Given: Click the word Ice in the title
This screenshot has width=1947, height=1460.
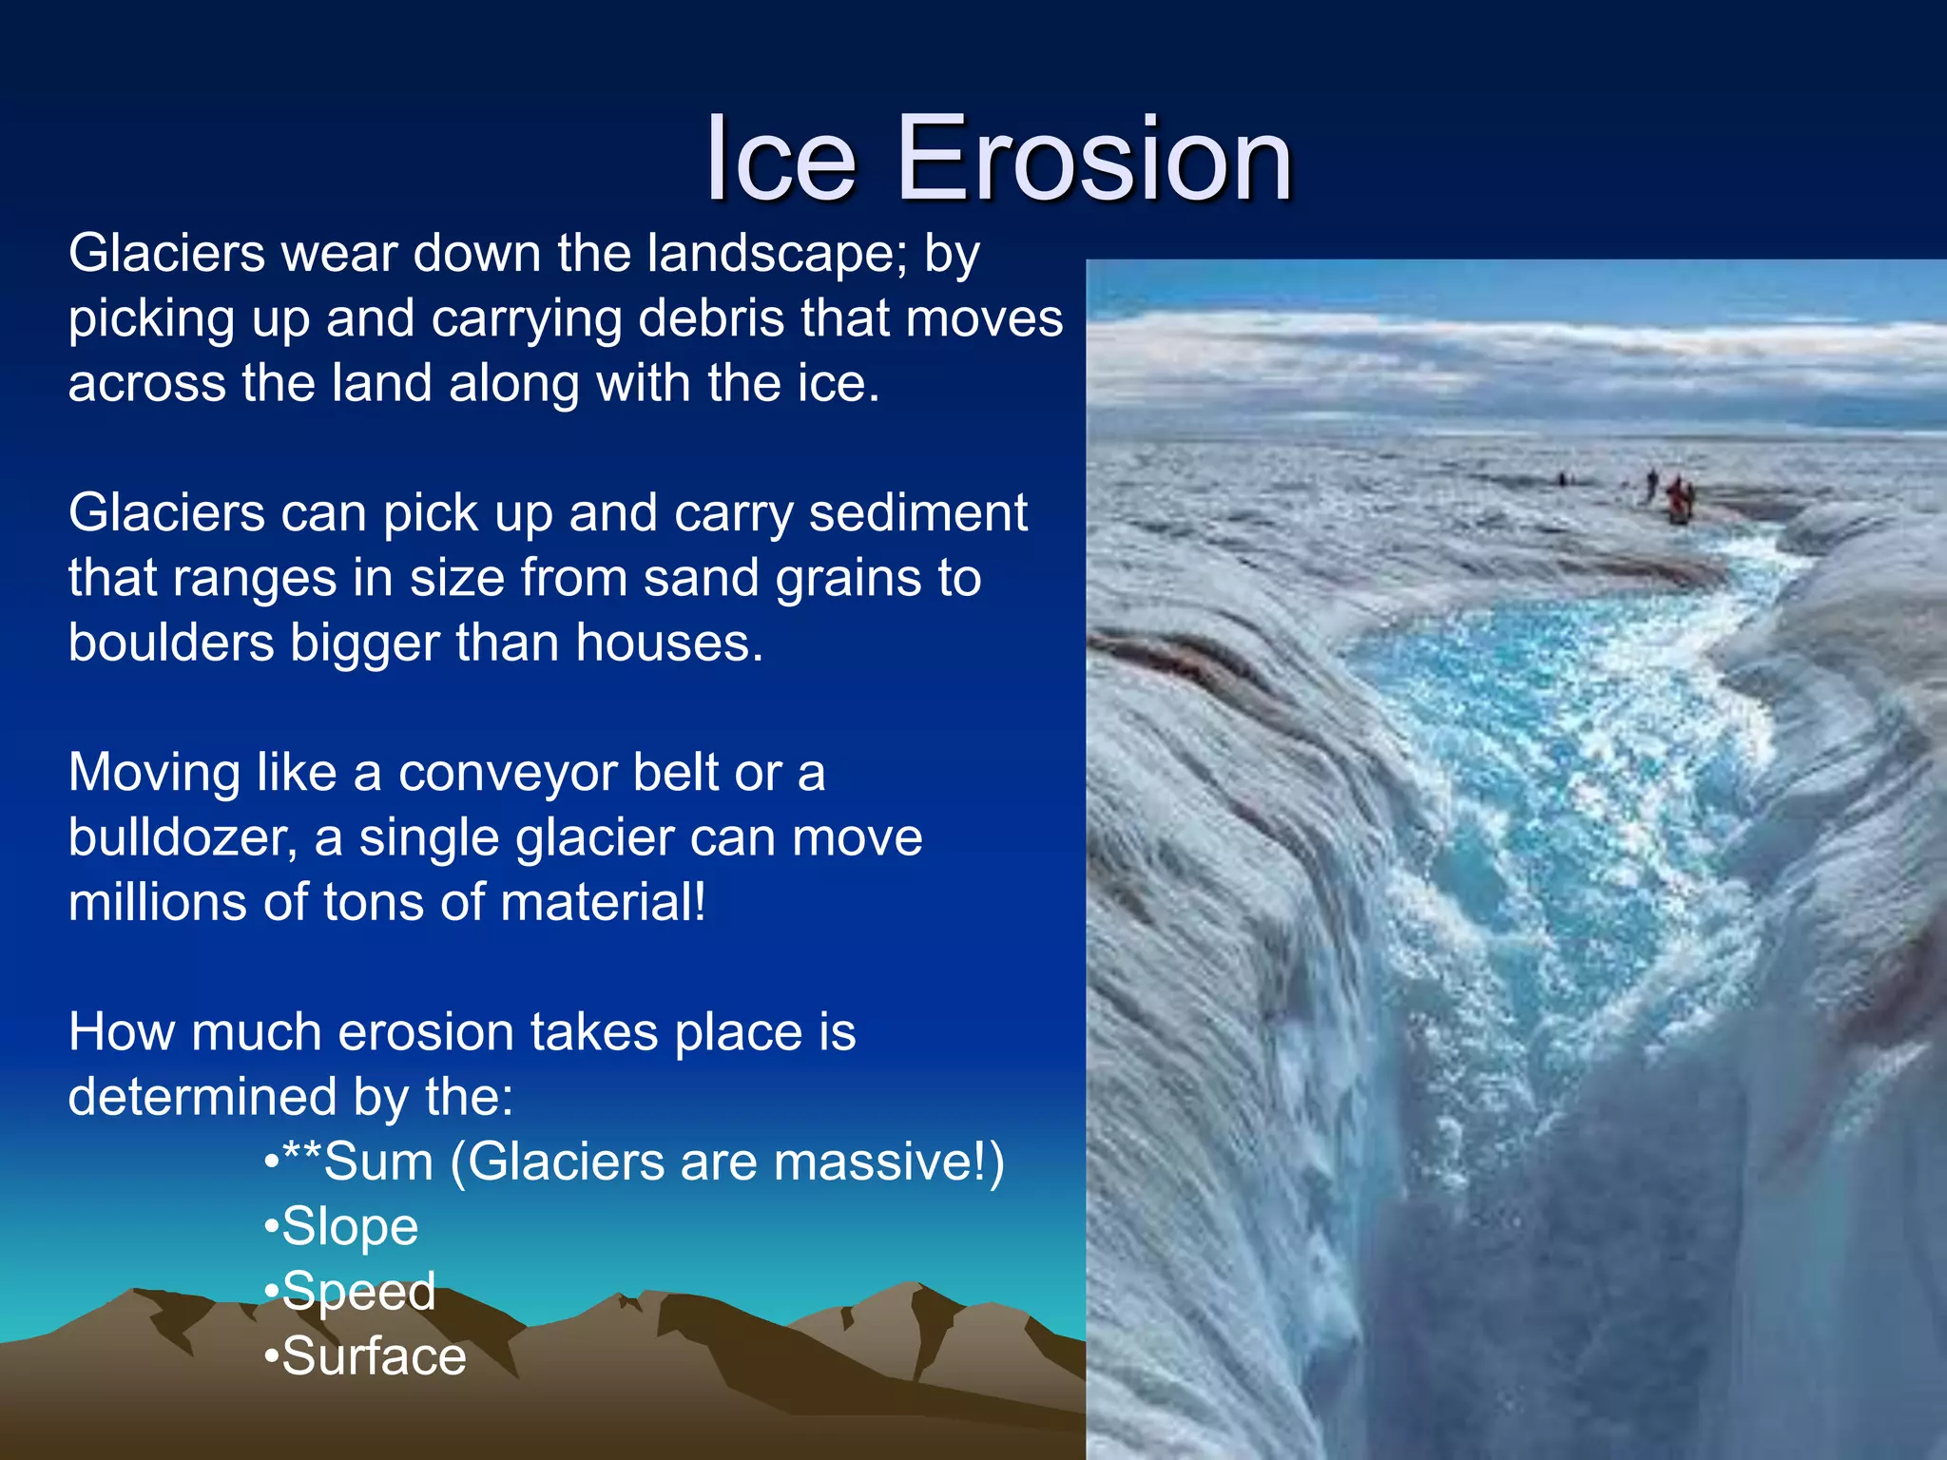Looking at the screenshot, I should [x=781, y=159].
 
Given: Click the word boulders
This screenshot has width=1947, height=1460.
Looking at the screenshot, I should [x=171, y=644].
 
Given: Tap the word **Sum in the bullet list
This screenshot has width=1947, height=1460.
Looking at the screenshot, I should [x=358, y=1162].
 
